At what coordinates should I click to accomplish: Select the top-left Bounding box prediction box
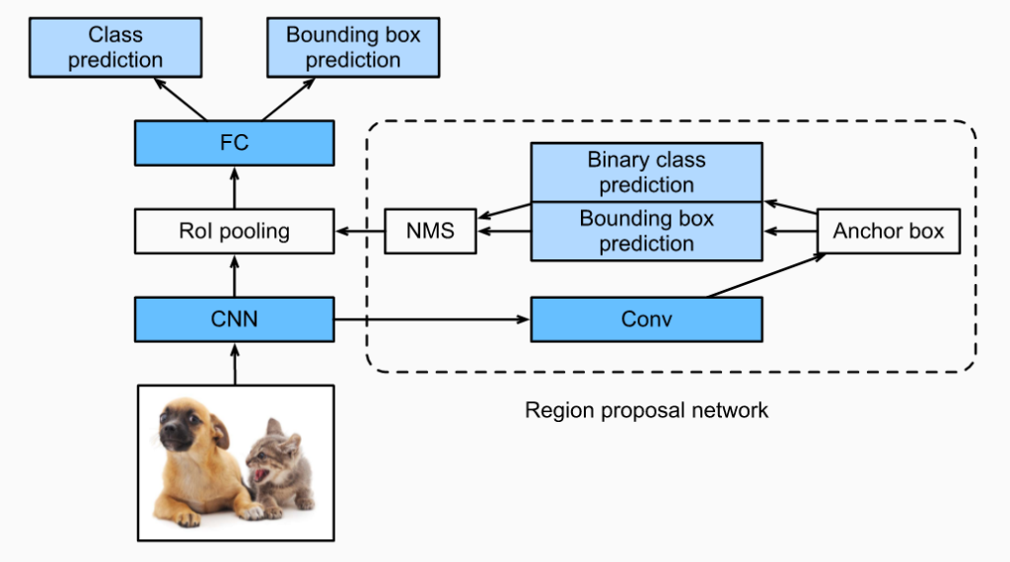(x=352, y=47)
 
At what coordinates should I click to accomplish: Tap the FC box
(x=234, y=142)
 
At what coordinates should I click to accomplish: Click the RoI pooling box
(x=234, y=232)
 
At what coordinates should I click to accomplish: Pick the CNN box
(x=234, y=319)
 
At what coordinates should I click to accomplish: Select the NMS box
(x=429, y=232)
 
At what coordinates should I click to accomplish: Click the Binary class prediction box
(x=646, y=173)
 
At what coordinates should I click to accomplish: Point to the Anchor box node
(x=888, y=232)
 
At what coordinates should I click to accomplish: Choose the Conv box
(x=646, y=319)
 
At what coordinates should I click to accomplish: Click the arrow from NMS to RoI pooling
(x=359, y=232)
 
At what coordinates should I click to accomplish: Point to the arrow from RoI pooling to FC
(x=234, y=187)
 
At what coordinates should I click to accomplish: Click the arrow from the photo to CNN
(x=234, y=363)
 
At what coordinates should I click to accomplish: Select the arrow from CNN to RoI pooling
(x=234, y=275)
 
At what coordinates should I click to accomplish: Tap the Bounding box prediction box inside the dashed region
(x=646, y=232)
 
